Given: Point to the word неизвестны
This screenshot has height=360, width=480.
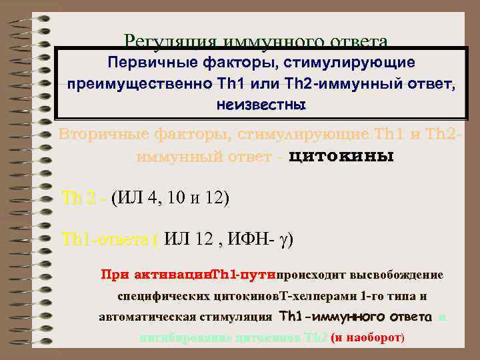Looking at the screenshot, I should (261, 105).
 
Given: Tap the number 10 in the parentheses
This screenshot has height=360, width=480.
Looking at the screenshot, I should (178, 198).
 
